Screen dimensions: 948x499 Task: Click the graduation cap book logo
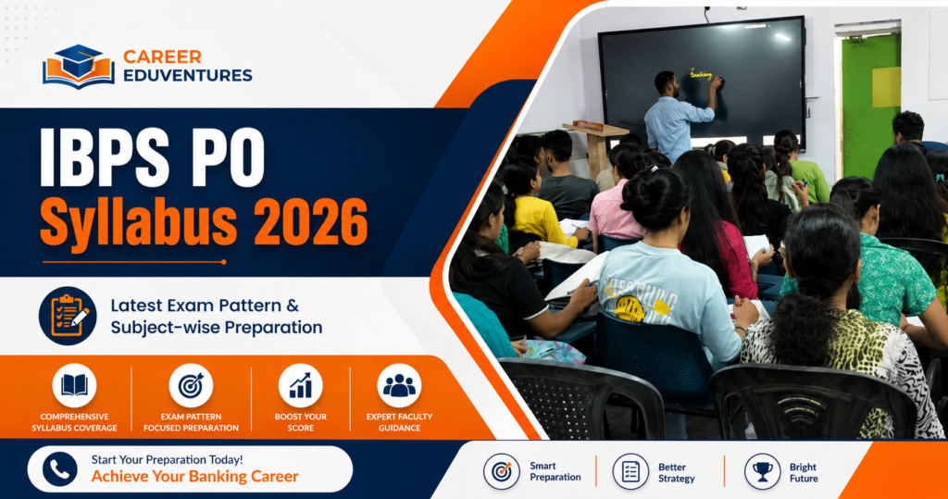click(x=78, y=66)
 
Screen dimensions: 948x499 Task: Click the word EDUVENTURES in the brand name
click(x=188, y=76)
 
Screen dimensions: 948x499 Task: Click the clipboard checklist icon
click(x=69, y=316)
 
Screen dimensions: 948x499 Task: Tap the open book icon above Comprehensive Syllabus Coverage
click(x=74, y=385)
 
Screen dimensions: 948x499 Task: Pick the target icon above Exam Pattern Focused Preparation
click(x=191, y=385)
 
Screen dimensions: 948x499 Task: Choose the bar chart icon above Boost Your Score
click(x=301, y=385)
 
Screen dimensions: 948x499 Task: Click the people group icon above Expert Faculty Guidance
click(x=399, y=385)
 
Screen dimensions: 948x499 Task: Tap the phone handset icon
click(x=60, y=469)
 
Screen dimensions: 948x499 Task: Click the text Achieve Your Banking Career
click(x=194, y=477)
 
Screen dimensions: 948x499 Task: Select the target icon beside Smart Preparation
click(x=502, y=471)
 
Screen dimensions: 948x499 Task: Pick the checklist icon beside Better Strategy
click(x=630, y=471)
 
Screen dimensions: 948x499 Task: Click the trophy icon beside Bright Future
click(x=763, y=471)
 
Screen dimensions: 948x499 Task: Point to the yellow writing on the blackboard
click(x=702, y=74)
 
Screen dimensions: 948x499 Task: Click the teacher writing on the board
click(x=677, y=118)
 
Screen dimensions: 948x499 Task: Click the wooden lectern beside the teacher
click(x=595, y=148)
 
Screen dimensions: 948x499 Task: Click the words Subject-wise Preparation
click(x=217, y=327)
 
